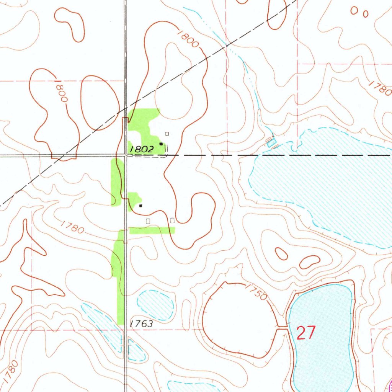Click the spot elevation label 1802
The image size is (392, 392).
(142, 149)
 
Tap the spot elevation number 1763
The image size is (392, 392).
(141, 324)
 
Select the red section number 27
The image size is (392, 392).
(306, 333)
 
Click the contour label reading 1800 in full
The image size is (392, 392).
(188, 38)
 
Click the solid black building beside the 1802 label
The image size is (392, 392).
(161, 144)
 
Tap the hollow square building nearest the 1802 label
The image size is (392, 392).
(167, 134)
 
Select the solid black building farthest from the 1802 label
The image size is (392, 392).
(140, 206)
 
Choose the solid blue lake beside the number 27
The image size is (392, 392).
(322, 337)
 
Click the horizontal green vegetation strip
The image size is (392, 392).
(152, 230)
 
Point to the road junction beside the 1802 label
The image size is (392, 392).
(126, 155)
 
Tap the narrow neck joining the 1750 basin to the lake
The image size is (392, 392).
(283, 327)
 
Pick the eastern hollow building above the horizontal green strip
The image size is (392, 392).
(172, 220)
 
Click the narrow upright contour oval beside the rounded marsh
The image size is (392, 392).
(186, 309)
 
